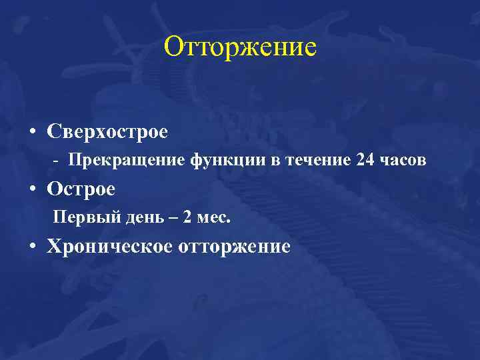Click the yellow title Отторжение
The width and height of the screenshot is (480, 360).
coord(240,48)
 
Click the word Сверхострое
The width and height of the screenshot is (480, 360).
coord(107,131)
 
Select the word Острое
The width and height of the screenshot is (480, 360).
coord(81,189)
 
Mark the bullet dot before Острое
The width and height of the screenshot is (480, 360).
coord(33,190)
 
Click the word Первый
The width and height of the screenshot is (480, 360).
coord(79,218)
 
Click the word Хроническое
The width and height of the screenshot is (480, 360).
coord(109,247)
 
